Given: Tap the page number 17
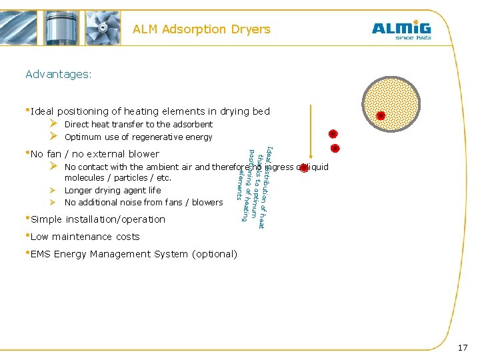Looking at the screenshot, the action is click(x=463, y=347).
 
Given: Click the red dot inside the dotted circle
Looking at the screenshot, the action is click(x=381, y=115).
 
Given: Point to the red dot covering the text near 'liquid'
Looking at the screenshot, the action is click(x=304, y=167).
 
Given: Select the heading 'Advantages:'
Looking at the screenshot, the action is click(x=59, y=74).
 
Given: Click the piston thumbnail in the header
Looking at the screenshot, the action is click(x=61, y=27).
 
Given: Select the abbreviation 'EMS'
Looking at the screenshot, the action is click(x=41, y=254).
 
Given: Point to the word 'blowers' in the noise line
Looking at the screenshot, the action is click(x=207, y=203).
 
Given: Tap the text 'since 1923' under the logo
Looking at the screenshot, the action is click(x=413, y=38).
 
